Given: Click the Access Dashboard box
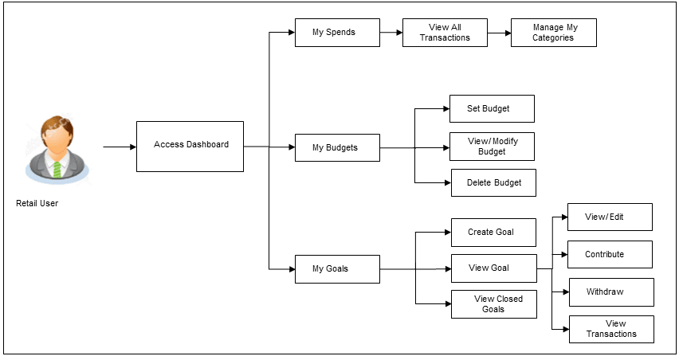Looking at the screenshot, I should pyautogui.click(x=190, y=146).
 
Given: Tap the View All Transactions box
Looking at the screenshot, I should pyautogui.click(x=445, y=33).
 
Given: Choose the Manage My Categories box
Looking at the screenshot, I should pyautogui.click(x=553, y=33).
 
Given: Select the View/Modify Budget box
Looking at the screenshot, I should pyautogui.click(x=492, y=147).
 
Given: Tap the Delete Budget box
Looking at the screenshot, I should pyautogui.click(x=493, y=182).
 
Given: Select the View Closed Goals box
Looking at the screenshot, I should pyautogui.click(x=493, y=304).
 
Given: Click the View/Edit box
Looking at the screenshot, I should pyautogui.click(x=610, y=217).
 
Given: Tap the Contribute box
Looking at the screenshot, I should pyautogui.click(x=610, y=254).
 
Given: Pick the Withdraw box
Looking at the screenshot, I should pyautogui.click(x=610, y=292).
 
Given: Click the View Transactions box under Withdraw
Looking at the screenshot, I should pyautogui.click(x=611, y=329).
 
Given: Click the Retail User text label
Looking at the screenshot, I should pyautogui.click(x=37, y=204).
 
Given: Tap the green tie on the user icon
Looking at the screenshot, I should pyautogui.click(x=57, y=168).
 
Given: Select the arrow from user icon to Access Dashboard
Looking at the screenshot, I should pyautogui.click(x=119, y=147).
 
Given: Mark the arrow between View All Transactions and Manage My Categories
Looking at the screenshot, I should pyautogui.click(x=498, y=33).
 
